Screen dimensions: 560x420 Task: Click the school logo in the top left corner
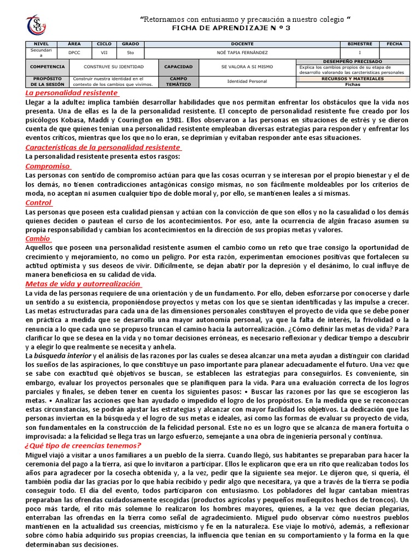tap(37, 25)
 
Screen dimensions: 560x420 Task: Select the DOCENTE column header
tap(242, 44)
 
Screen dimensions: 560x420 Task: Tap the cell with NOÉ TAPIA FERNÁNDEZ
tap(242, 52)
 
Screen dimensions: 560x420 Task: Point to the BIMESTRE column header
tap(359, 44)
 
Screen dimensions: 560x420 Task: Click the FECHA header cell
tap(394, 44)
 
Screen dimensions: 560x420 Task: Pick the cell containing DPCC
tap(73, 52)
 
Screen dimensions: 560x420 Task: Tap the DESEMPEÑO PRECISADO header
tap(353, 62)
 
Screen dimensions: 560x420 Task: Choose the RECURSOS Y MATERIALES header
tap(353, 79)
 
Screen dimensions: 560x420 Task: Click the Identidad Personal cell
tap(247, 81)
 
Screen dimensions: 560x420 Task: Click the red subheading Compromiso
tap(48, 166)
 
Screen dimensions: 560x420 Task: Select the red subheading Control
tap(39, 202)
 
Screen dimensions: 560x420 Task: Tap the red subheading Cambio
tap(38, 238)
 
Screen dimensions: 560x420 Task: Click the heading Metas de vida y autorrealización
tap(83, 284)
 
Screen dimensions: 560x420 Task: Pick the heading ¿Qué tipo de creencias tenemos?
tap(83, 445)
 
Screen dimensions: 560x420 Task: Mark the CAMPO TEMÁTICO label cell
tap(179, 81)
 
